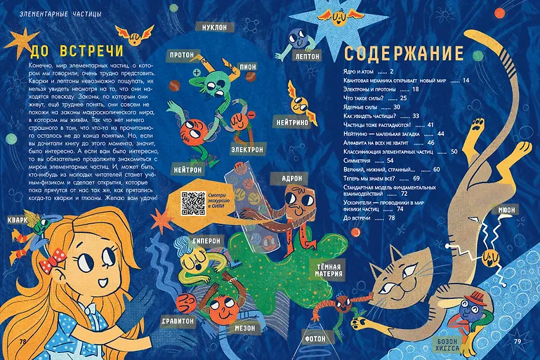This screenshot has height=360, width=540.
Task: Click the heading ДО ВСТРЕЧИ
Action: click(77, 51)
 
